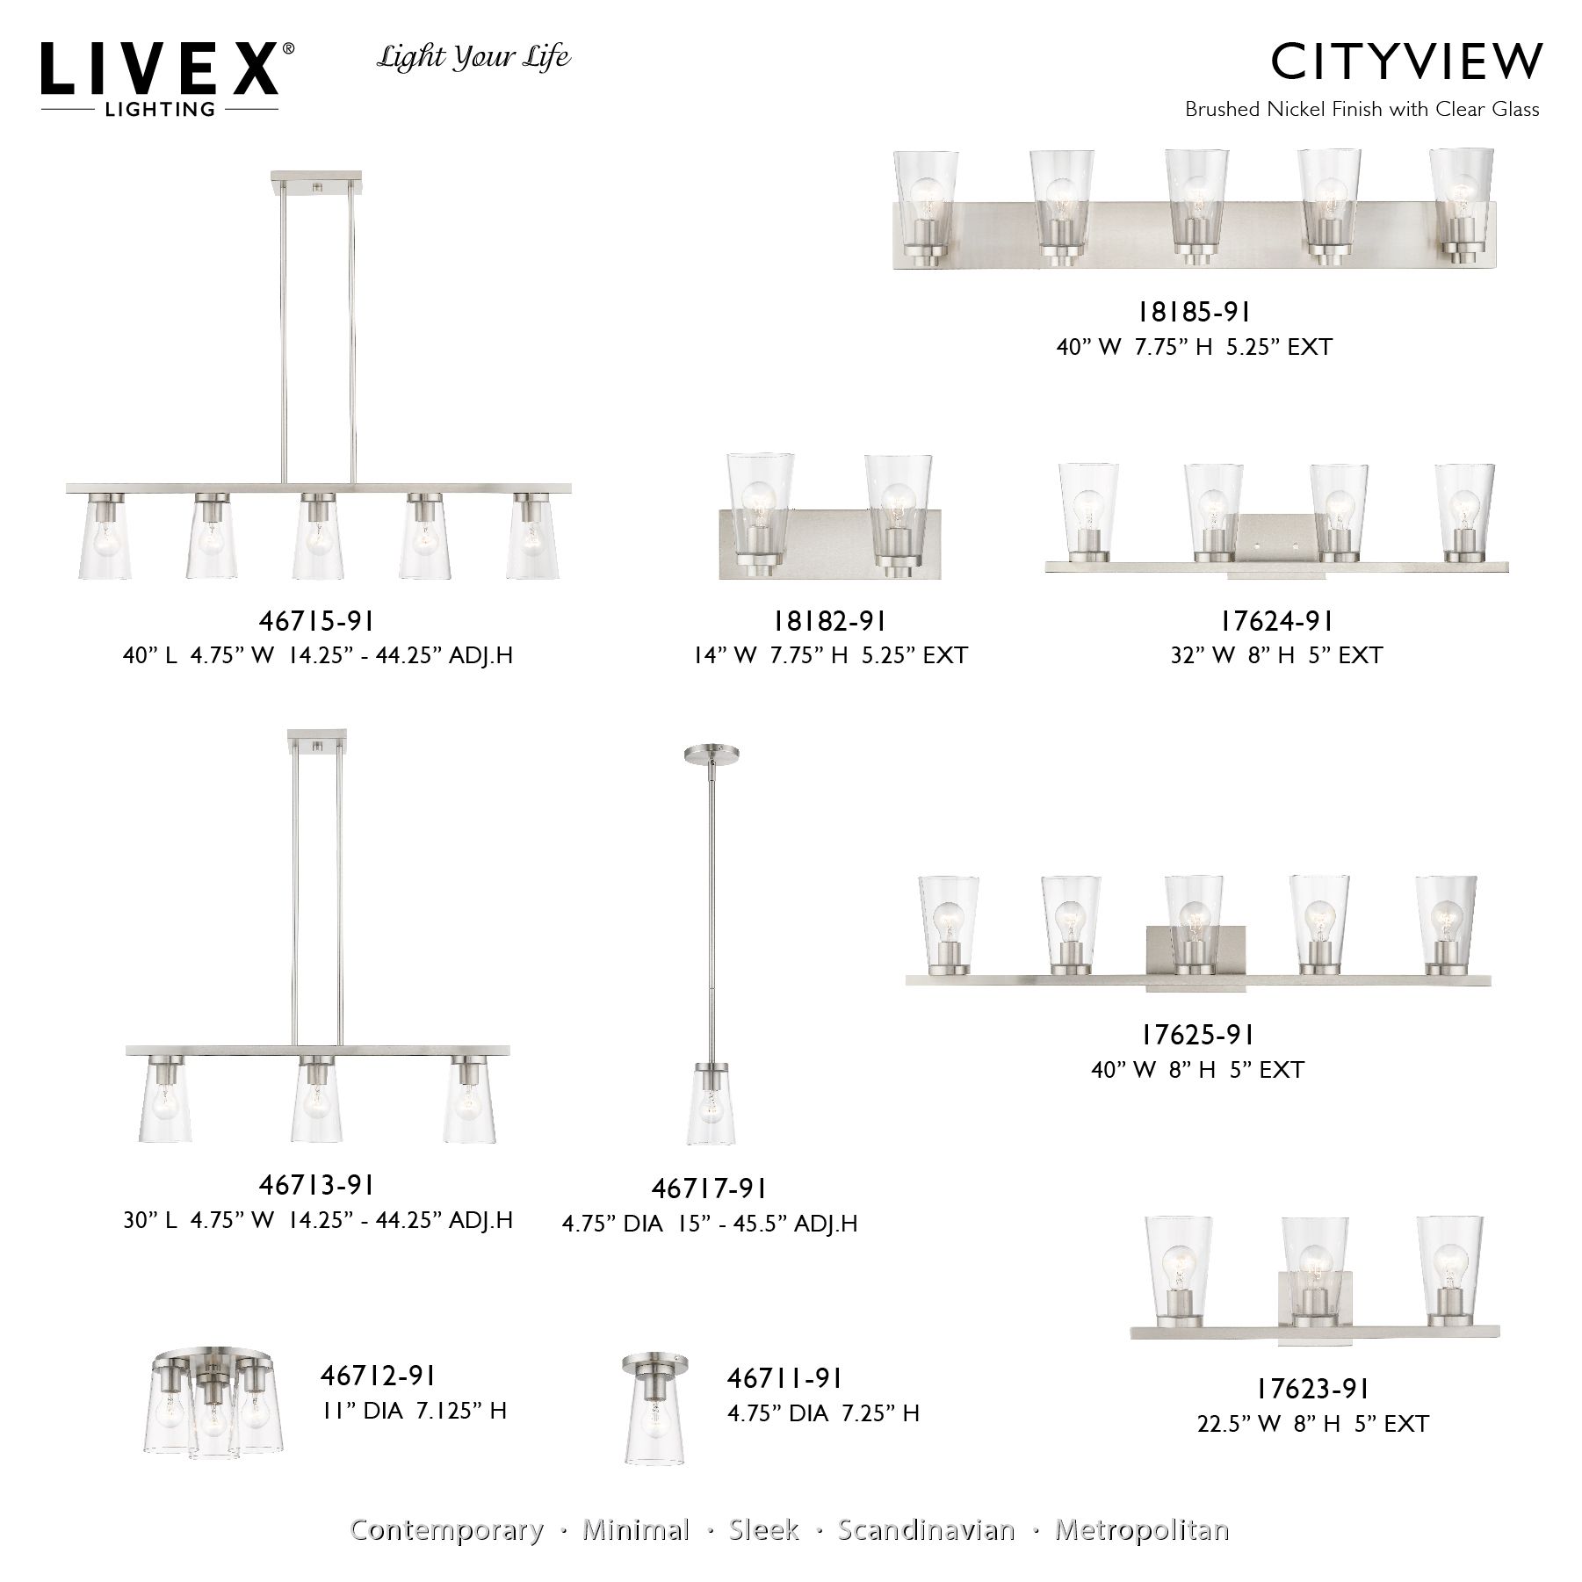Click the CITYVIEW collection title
pos(1405,61)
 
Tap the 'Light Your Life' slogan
pos(473,58)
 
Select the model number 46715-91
pos(316,622)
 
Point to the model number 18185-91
pos(1194,312)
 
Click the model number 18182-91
pos(829,622)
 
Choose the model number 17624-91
pos(1276,622)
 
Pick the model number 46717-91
pos(709,1188)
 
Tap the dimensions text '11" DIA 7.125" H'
pos(414,1411)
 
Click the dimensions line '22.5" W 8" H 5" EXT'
pos(1312,1423)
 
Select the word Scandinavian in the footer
pos(926,1529)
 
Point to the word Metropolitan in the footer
pos(1141,1529)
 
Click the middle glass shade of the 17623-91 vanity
pos(1314,1254)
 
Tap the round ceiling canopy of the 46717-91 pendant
pos(711,753)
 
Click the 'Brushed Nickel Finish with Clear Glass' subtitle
pos(1362,110)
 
